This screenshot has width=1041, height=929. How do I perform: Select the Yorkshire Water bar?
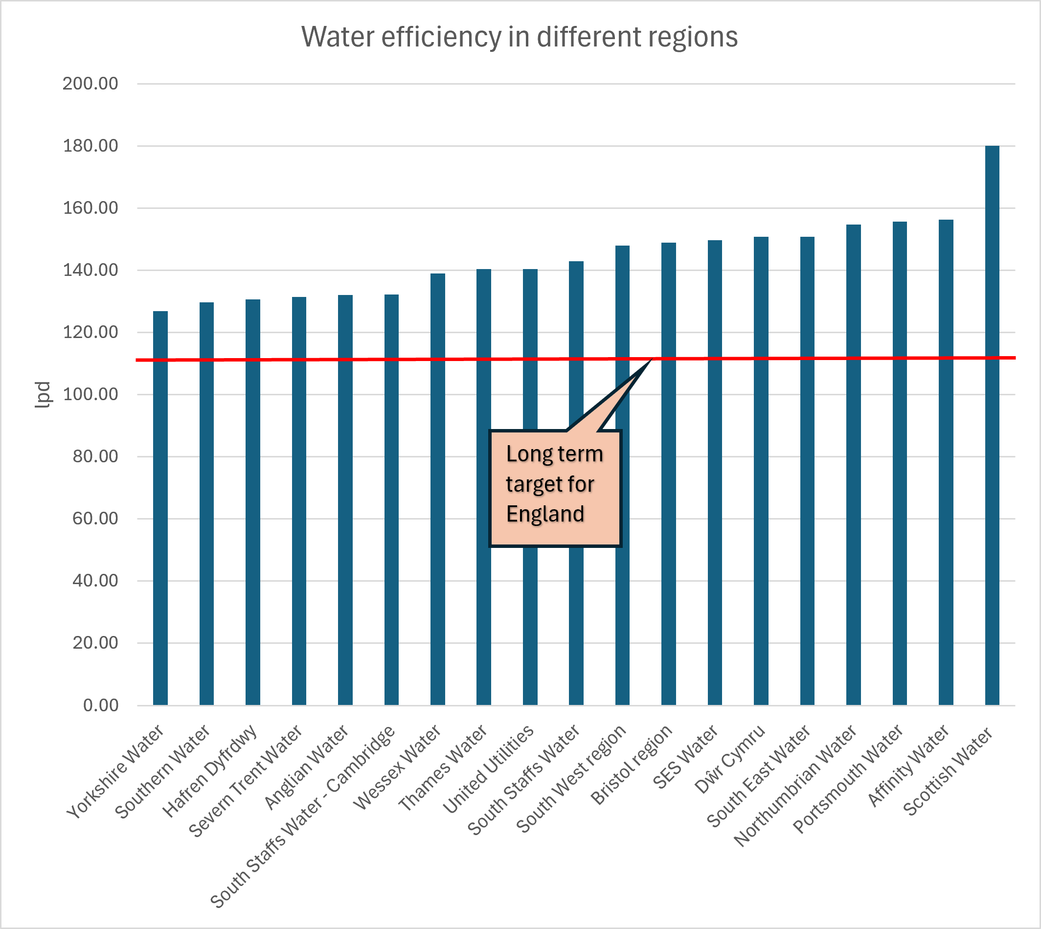pyautogui.click(x=160, y=508)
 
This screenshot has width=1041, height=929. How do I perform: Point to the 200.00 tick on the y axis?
pyautogui.click(x=91, y=84)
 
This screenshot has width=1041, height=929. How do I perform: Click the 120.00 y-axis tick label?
pyautogui.click(x=91, y=332)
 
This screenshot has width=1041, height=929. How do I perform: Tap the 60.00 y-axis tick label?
pyautogui.click(x=95, y=519)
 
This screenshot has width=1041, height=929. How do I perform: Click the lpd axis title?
pyautogui.click(x=43, y=395)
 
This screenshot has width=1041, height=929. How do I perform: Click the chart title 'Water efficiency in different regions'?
pyautogui.click(x=519, y=37)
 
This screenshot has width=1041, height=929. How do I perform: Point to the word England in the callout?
pyautogui.click(x=545, y=514)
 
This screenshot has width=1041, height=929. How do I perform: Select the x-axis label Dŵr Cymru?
pyautogui.click(x=730, y=760)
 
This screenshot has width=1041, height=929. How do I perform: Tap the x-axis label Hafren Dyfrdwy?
pyautogui.click(x=210, y=771)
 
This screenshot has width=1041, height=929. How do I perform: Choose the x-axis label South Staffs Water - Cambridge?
pyautogui.click(x=303, y=816)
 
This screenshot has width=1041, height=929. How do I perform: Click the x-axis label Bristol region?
pyautogui.click(x=631, y=764)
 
